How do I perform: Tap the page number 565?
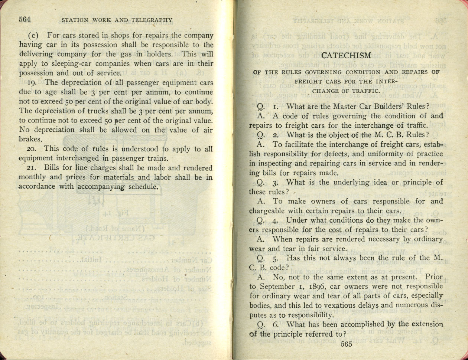pyautogui.click(x=346, y=344)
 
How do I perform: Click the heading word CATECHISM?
pyautogui.click(x=346, y=56)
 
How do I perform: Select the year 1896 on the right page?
pyautogui.click(x=317, y=286)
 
